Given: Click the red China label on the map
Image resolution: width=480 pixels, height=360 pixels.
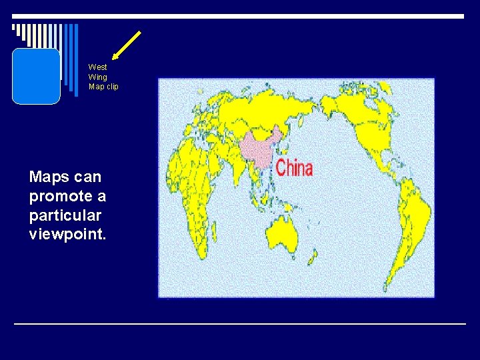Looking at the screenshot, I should (x=294, y=167).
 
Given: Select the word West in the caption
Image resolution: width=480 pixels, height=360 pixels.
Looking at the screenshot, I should (x=97, y=67).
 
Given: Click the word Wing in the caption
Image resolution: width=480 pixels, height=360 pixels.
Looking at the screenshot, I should (x=97, y=77).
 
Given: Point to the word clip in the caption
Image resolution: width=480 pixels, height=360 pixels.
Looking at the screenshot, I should (x=111, y=87).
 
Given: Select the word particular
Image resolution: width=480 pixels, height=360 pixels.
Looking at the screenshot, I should (x=65, y=216).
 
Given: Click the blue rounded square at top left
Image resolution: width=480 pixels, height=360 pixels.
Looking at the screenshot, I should (x=36, y=76).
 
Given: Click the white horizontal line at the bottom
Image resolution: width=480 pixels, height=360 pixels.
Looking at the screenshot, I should (x=240, y=323).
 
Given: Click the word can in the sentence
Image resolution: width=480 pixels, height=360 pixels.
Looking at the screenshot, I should (x=88, y=177).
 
